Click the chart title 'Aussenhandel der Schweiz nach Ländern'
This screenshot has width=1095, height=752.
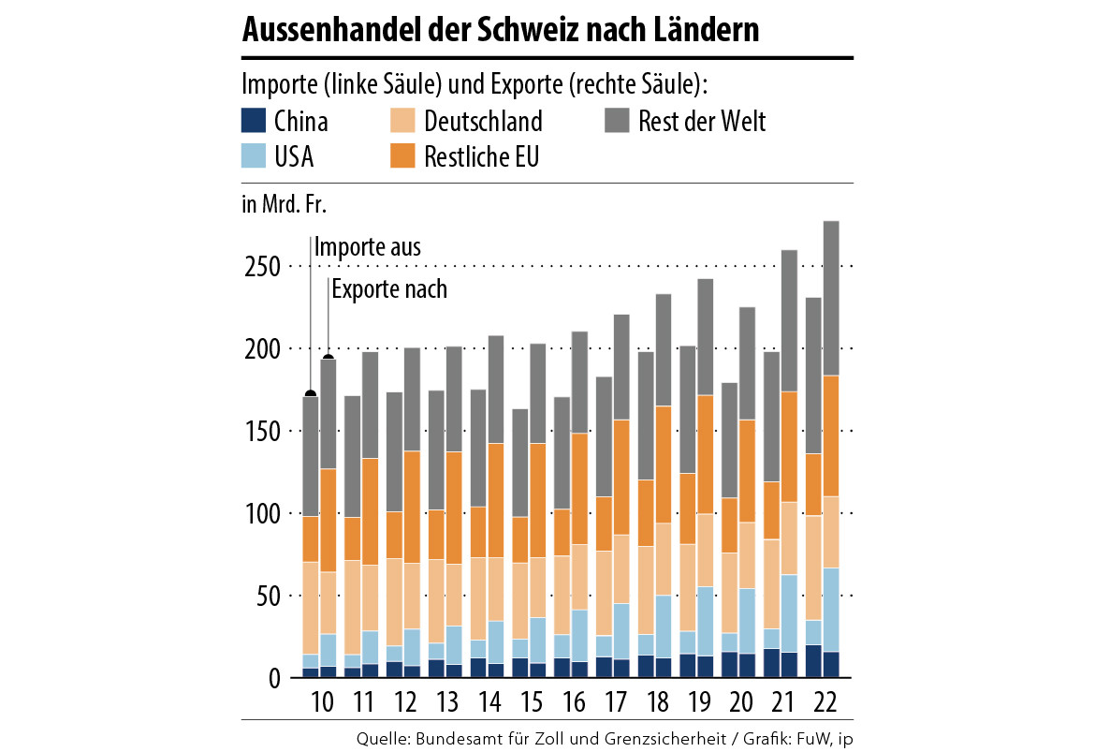click(x=500, y=31)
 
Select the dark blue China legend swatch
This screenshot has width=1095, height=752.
click(x=255, y=121)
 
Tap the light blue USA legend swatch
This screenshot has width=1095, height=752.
click(x=255, y=155)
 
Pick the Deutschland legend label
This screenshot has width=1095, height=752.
click(x=483, y=122)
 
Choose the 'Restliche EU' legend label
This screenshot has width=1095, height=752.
click(x=481, y=156)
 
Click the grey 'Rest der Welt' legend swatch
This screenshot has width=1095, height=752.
click(x=617, y=121)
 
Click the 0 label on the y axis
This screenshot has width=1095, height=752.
click(x=274, y=679)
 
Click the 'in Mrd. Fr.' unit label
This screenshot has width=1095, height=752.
click(x=285, y=204)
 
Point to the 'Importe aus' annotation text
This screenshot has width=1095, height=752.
click(x=368, y=248)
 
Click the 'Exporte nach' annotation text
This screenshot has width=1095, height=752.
click(x=389, y=289)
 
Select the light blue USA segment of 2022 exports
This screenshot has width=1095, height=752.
click(x=830, y=609)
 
